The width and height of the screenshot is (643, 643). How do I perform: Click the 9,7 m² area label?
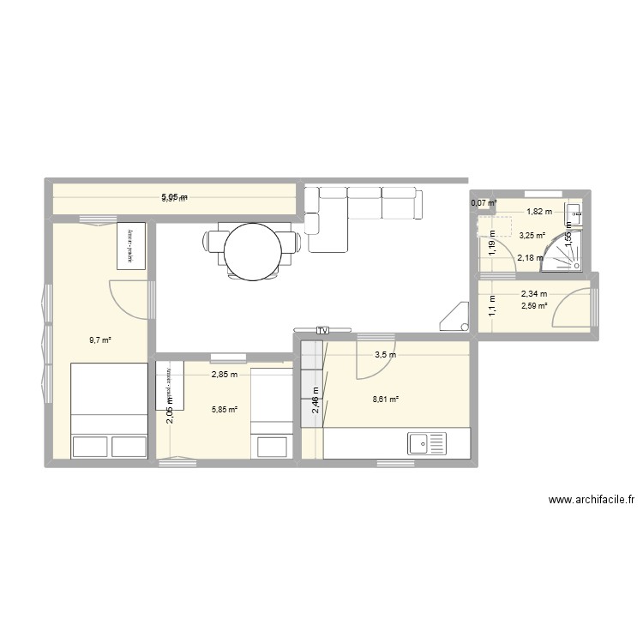(100, 340)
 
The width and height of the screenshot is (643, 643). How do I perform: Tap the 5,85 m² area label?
(225, 409)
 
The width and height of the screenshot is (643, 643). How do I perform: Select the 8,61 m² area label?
(387, 398)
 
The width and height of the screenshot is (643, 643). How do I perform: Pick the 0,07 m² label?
(484, 203)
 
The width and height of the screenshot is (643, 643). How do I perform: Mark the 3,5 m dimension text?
(385, 354)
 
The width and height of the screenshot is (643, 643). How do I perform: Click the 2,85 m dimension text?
(225, 375)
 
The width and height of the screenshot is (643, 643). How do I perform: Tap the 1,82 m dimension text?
(538, 212)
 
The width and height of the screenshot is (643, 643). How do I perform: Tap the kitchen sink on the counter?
(427, 443)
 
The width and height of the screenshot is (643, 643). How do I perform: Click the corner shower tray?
(567, 254)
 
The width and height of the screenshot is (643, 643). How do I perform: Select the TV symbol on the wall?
(322, 329)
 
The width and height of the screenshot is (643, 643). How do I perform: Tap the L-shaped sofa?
(360, 214)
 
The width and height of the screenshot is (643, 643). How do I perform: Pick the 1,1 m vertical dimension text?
(492, 305)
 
